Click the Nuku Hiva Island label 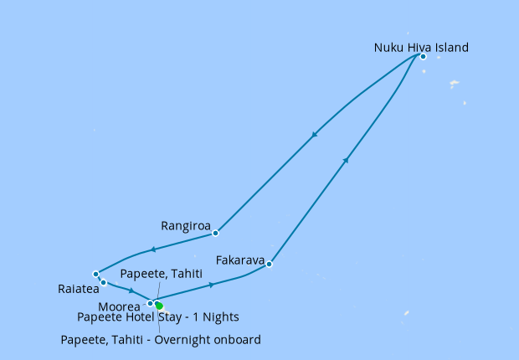(x=420, y=48)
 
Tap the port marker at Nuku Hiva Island (x=423, y=57)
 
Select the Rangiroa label (x=185, y=225)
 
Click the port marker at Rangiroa (x=215, y=233)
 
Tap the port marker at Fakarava (x=270, y=265)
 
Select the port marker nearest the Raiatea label (x=104, y=282)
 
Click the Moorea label (x=120, y=307)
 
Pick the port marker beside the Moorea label (x=151, y=303)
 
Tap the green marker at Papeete (x=159, y=306)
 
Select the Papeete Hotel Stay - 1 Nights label (x=158, y=317)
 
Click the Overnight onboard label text (x=161, y=339)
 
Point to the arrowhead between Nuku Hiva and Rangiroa (x=314, y=135)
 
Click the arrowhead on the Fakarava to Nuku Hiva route (x=346, y=159)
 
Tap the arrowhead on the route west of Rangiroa (x=152, y=249)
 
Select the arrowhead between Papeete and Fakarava (x=212, y=285)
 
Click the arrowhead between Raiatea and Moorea (x=131, y=291)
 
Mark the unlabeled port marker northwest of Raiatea (x=96, y=274)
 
